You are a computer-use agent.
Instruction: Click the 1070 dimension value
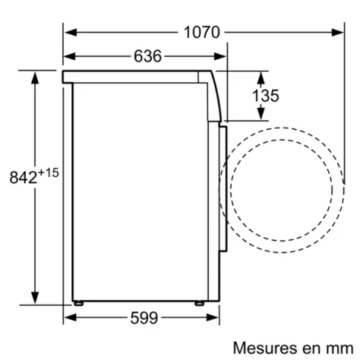201,33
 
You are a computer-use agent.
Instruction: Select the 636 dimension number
147,56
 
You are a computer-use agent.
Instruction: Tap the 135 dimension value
265,96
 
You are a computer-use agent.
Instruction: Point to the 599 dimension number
144,318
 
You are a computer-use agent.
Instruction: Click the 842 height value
23,177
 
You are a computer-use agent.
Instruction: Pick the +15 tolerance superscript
48,173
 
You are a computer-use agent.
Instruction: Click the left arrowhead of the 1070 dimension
71,33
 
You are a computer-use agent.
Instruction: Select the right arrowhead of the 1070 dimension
337,33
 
